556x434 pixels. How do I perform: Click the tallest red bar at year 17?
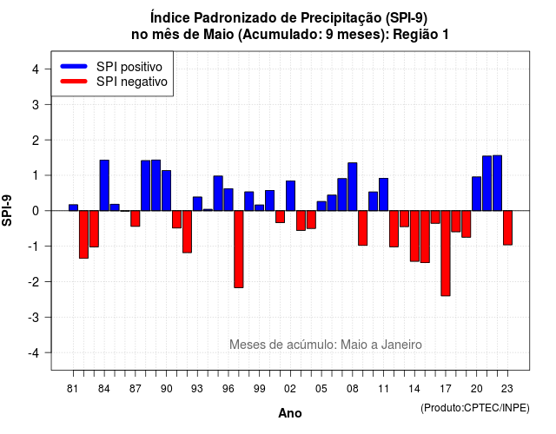(x=446, y=253)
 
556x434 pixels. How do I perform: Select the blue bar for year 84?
(x=104, y=185)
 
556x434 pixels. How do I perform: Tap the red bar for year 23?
(x=507, y=227)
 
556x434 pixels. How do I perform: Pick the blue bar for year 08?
(x=353, y=187)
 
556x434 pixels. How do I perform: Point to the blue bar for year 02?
(x=290, y=195)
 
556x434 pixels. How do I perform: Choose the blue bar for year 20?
(x=477, y=194)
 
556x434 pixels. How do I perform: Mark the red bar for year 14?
(x=414, y=236)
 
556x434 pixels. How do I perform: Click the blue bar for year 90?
(x=166, y=191)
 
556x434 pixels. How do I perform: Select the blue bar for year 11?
(x=384, y=194)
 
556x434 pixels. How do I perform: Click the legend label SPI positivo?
(x=129, y=67)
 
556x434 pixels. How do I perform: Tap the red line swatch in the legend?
(x=74, y=82)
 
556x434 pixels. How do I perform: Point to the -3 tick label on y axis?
(x=34, y=317)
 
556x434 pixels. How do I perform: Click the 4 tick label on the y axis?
(x=36, y=69)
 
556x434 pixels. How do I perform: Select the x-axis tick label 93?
(x=197, y=389)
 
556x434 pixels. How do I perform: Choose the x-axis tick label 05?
(x=321, y=389)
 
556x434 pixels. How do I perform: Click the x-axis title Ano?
(x=290, y=413)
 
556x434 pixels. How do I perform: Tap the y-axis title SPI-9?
(x=7, y=210)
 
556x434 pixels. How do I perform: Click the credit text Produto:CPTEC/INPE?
(x=475, y=408)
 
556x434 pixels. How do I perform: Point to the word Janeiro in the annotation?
(x=401, y=345)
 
